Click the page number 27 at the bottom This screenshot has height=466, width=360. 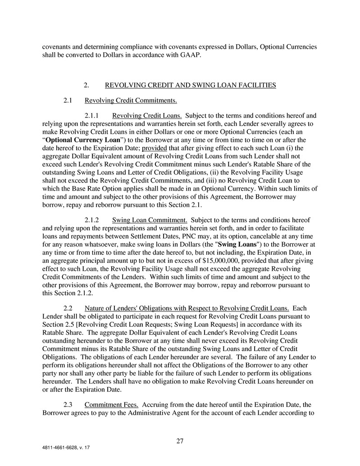[180, 441]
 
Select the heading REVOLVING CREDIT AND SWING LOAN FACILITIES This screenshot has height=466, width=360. [190, 85]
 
